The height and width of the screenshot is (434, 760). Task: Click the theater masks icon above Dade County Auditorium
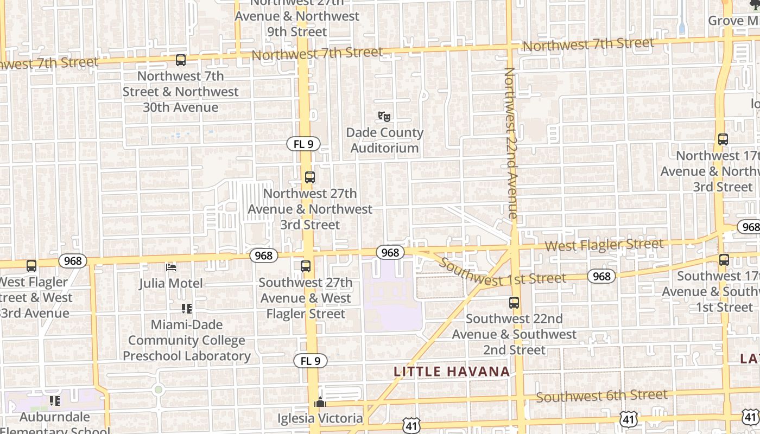(384, 116)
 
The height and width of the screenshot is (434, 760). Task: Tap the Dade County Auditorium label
(384, 141)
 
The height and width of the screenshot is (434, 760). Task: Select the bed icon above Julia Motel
(171, 267)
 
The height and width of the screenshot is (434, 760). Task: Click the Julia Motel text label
(171, 283)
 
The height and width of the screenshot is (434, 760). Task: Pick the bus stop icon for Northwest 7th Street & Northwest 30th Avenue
(181, 60)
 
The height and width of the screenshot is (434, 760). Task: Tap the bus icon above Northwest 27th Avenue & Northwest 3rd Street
(310, 177)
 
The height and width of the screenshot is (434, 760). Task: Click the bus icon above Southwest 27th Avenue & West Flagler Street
(306, 266)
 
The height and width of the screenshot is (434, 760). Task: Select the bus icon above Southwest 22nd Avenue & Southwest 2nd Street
(514, 303)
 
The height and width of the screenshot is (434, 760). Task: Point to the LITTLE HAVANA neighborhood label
(452, 372)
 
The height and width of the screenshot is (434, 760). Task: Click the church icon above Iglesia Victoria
(320, 403)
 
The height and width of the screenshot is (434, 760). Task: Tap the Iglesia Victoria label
(320, 418)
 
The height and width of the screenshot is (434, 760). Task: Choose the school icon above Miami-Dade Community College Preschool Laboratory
(187, 309)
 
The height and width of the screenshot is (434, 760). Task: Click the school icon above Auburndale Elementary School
(55, 401)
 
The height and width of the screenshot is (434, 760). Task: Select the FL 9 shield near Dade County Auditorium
(303, 144)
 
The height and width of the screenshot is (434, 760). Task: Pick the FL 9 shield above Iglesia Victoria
(311, 361)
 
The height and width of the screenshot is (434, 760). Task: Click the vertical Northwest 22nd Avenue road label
(511, 143)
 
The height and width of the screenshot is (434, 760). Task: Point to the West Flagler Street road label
(604, 245)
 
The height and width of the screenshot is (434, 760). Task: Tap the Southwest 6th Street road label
(601, 396)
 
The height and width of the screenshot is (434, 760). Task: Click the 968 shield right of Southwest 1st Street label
(601, 277)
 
